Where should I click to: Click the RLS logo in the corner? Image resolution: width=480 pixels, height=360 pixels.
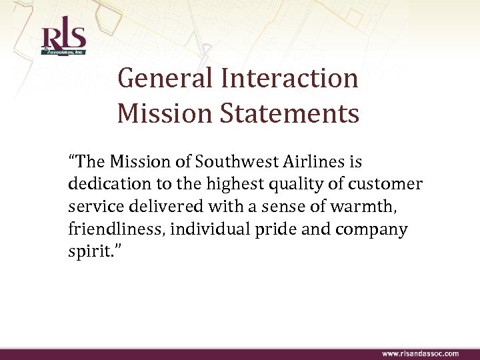coord(63,39)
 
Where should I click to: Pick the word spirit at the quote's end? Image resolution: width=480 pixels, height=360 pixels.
coord(85,253)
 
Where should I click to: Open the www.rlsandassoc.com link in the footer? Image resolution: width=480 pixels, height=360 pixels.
coord(420,353)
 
